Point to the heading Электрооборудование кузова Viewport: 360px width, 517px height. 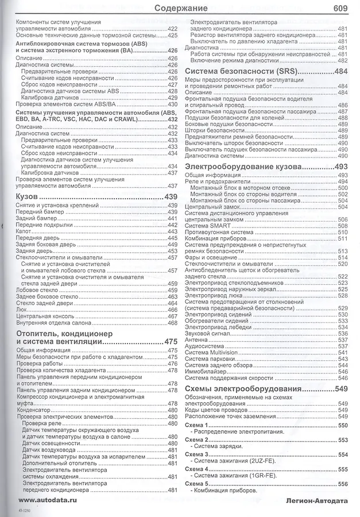pos(244,167)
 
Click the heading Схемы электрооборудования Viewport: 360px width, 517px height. pos(244,389)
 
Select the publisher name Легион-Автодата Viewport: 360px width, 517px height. pos(316,501)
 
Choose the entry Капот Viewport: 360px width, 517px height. pos(25,231)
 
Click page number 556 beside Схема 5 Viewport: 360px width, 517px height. pos(343,484)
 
